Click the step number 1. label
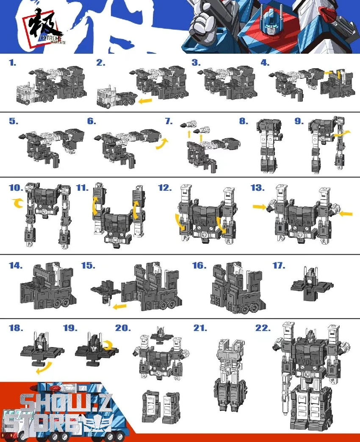pos(13,63)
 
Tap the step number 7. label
pos(169,121)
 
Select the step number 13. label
pos(258,187)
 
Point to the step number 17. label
pos(279,266)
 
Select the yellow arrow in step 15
pos(120,305)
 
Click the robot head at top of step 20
pos(161,332)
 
